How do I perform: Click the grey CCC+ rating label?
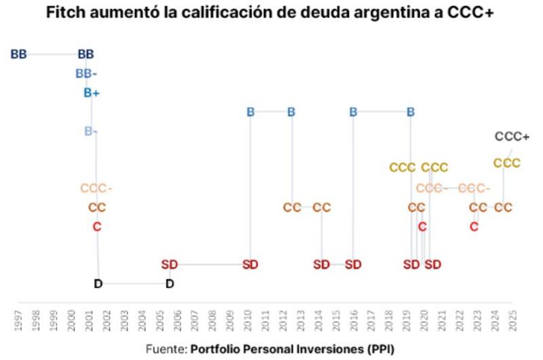point(512,137)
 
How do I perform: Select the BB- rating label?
point(86,73)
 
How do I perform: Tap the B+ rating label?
point(92,93)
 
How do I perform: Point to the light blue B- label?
point(91,131)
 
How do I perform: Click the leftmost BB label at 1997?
point(18,54)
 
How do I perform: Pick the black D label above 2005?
point(170,284)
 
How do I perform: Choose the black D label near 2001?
point(98,284)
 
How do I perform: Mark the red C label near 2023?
point(474,226)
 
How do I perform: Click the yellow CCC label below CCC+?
point(506,163)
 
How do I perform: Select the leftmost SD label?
point(169,264)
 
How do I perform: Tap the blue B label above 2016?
point(353,112)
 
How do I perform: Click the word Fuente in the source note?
point(166,348)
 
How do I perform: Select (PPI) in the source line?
point(381,348)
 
